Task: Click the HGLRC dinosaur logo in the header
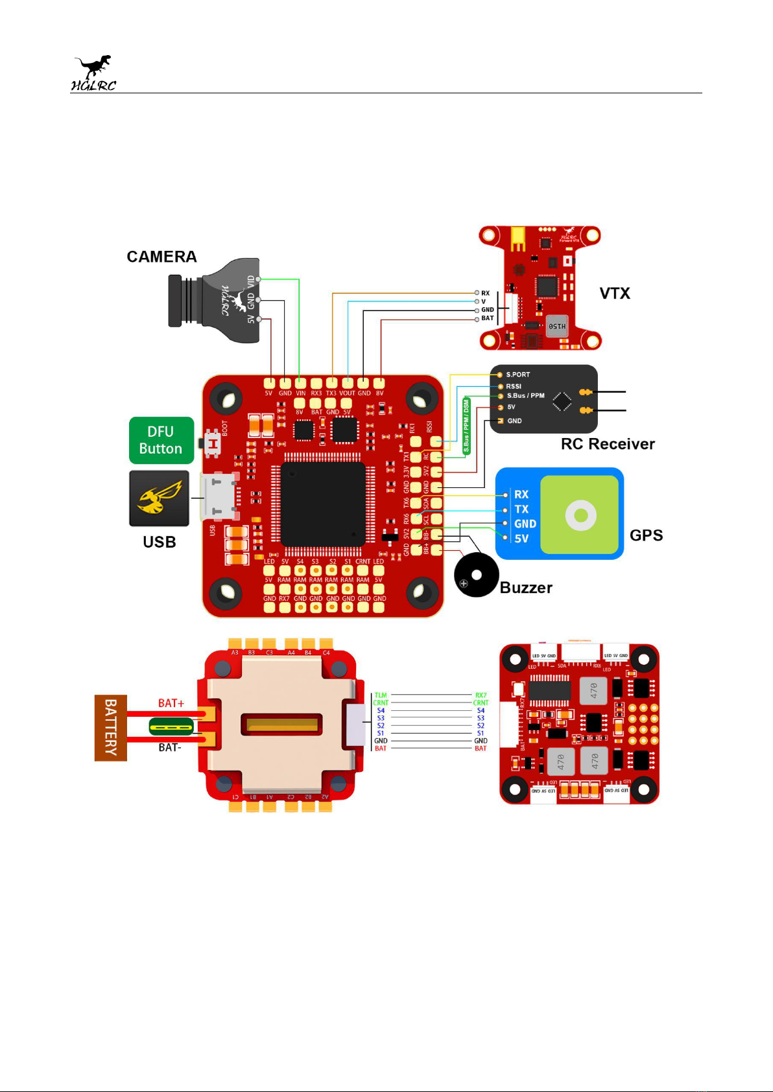coord(93,73)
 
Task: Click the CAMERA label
coord(161,257)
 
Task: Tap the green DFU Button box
coord(161,440)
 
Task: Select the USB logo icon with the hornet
coord(159,498)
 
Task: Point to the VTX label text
coord(615,294)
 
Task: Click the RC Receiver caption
coord(608,444)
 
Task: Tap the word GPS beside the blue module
coord(646,535)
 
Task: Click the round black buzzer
coord(477,575)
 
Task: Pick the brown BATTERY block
coord(111,728)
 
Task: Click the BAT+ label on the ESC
coord(171,703)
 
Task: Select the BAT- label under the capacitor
coord(170,747)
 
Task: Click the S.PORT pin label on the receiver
coord(517,375)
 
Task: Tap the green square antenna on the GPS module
coord(580,515)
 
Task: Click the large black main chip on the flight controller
coord(323,504)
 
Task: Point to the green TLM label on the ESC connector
coord(381,695)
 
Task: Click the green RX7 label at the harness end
coord(481,695)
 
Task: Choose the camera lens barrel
coord(176,301)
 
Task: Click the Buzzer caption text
coord(526,588)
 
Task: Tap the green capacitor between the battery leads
coord(171,726)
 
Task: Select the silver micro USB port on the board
coord(218,497)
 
